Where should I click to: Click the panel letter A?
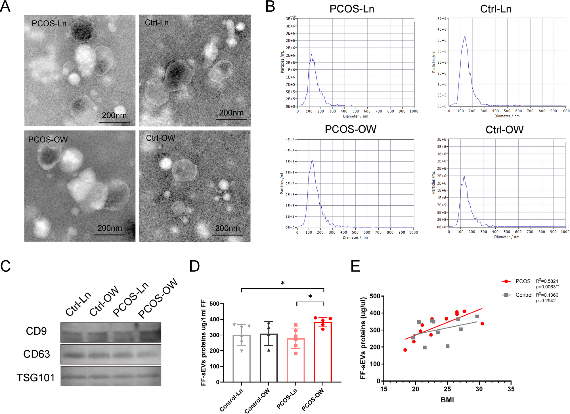[5, 6]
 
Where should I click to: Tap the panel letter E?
[355, 266]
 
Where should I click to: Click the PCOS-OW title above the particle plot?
[350, 129]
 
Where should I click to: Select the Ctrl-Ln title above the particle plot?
[496, 9]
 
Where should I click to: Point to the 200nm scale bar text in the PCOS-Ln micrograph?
[114, 115]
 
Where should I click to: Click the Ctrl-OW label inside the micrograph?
[160, 138]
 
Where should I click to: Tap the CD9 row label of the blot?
[36, 331]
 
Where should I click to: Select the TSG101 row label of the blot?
[35, 378]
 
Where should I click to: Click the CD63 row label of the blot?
[36, 354]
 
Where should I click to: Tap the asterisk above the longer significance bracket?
[282, 283]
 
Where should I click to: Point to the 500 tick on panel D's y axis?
[215, 304]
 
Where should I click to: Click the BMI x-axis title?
[447, 400]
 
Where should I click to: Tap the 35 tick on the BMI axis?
[511, 389]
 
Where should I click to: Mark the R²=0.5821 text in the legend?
[547, 281]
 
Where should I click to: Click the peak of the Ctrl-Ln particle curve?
[465, 37]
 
